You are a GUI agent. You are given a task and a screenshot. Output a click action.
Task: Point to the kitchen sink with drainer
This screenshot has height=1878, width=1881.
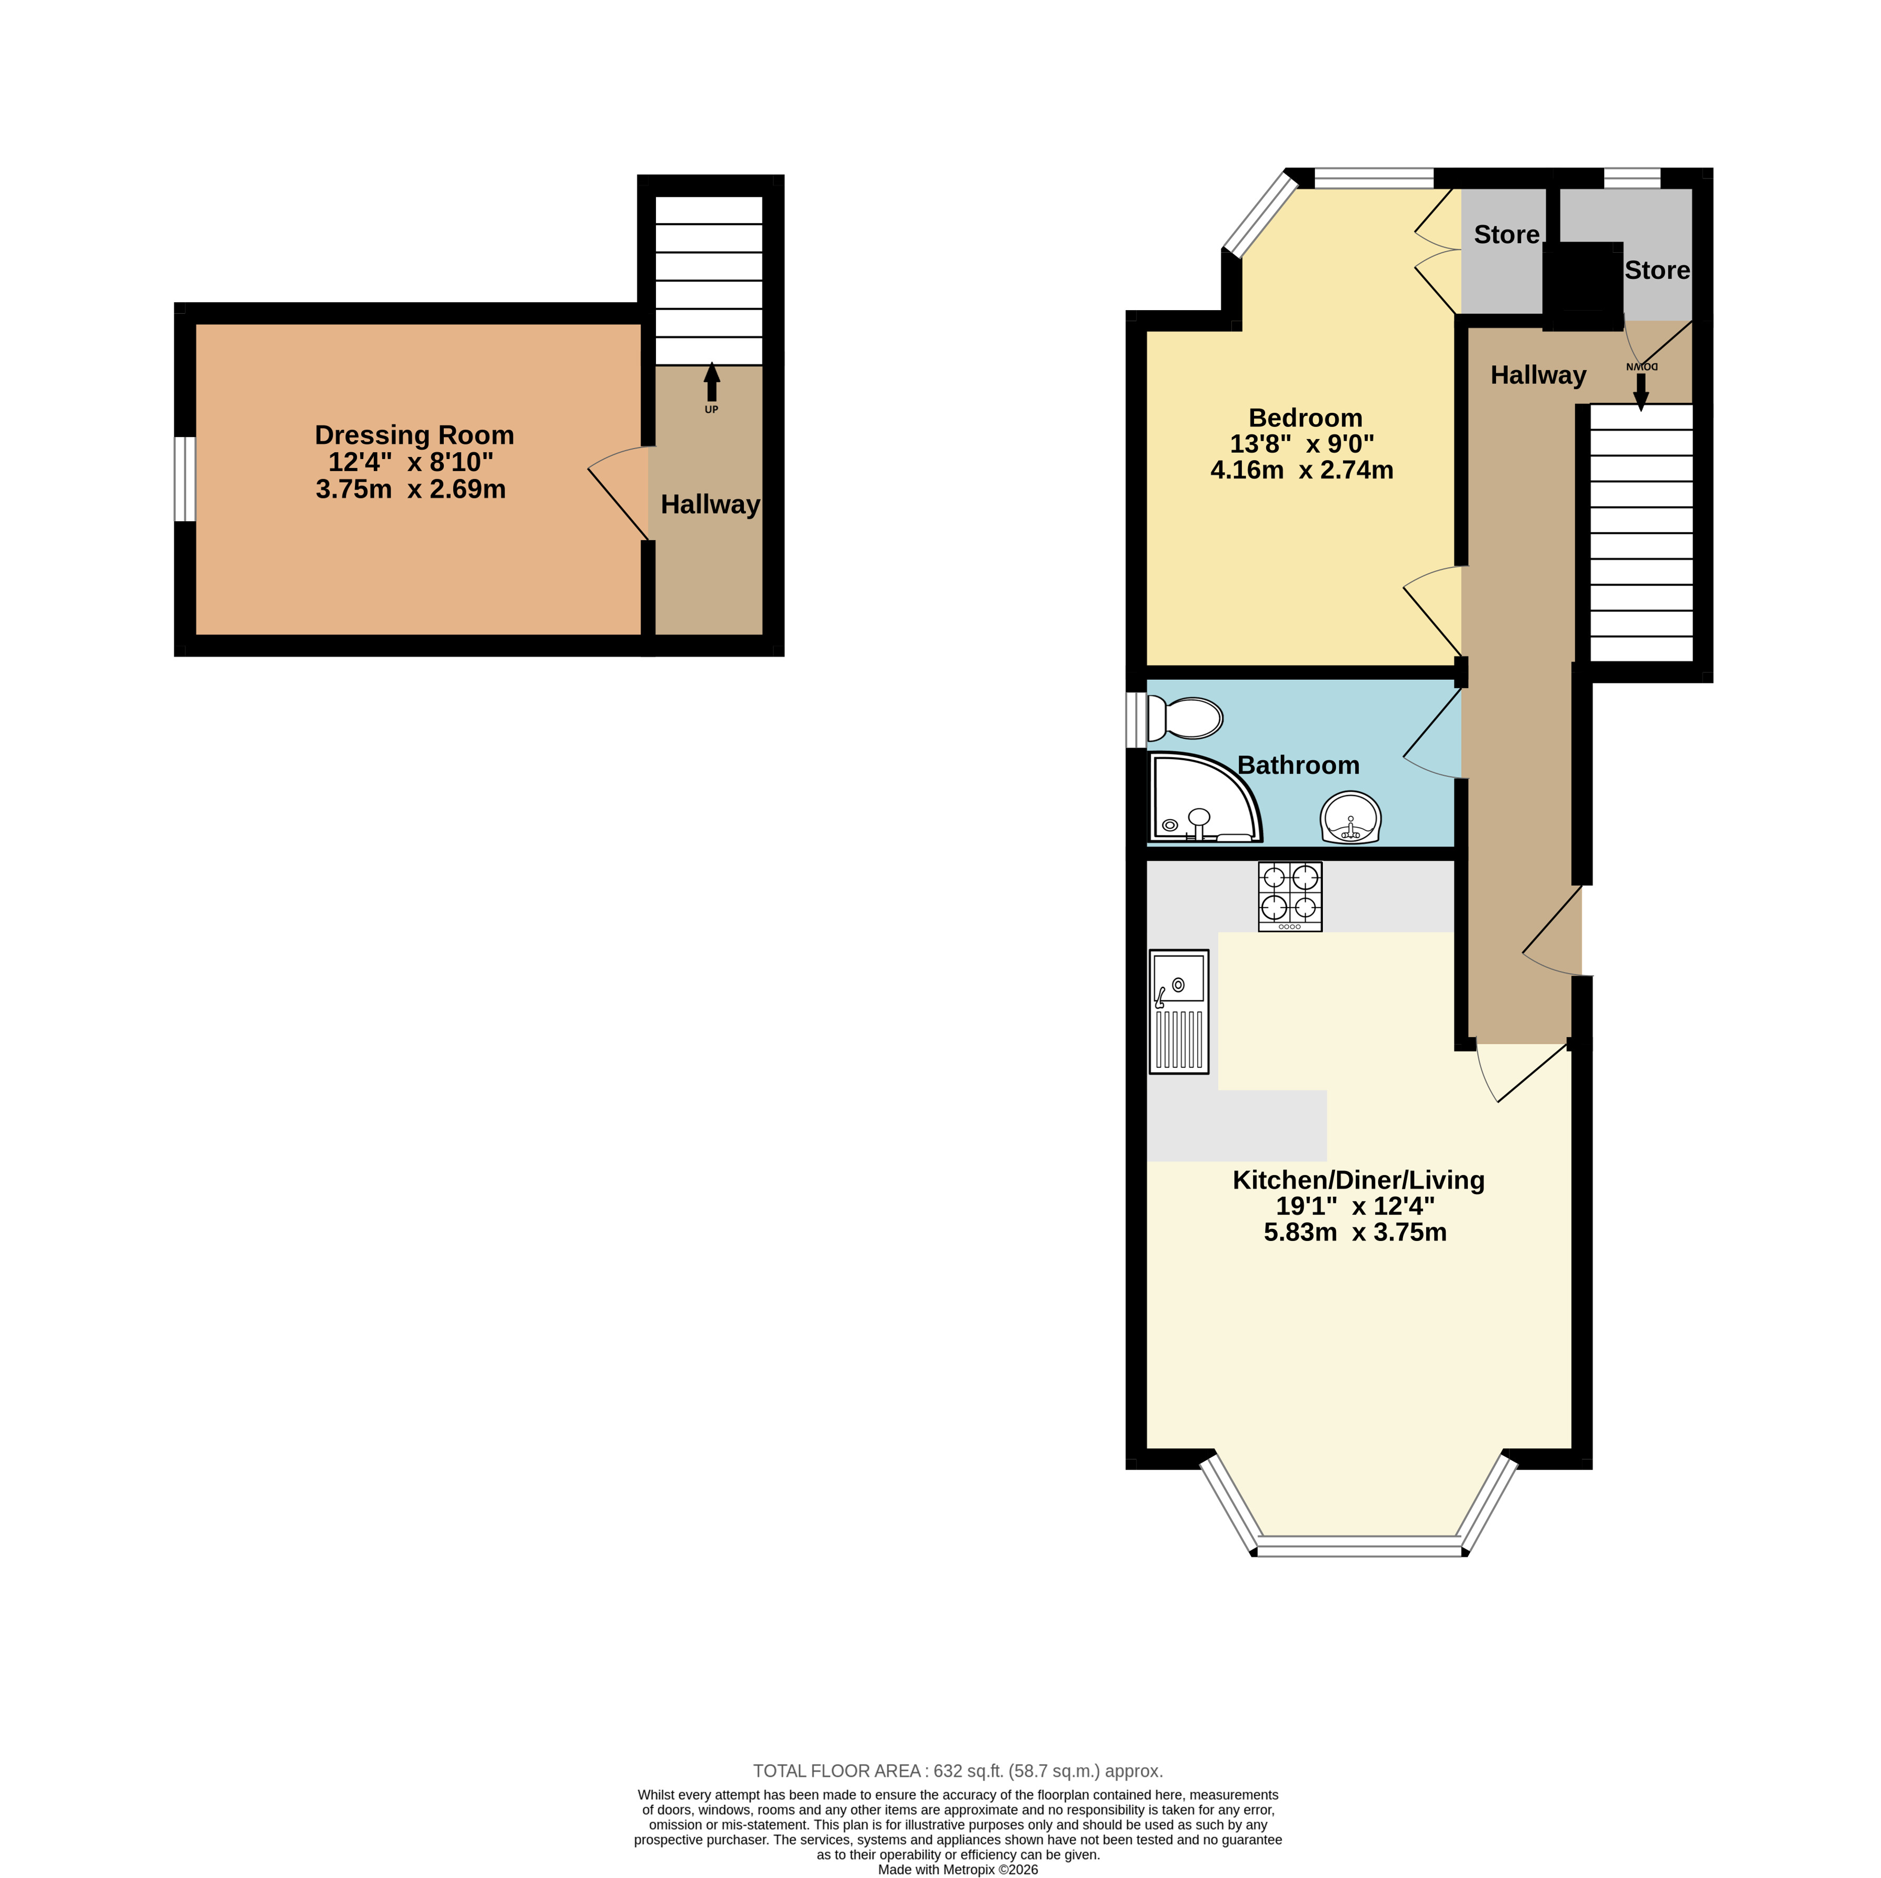point(1179,1011)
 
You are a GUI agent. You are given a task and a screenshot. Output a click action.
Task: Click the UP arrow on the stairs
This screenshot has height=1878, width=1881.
point(712,383)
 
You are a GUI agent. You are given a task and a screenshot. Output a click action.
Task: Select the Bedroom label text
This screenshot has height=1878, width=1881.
point(1306,418)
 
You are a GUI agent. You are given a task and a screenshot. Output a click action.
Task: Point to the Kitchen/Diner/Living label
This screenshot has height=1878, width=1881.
point(1358,1180)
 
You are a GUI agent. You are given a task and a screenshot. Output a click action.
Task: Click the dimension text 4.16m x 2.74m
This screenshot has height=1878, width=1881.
point(1302,470)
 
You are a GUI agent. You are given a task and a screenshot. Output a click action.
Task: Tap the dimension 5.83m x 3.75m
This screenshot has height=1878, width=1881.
point(1355,1233)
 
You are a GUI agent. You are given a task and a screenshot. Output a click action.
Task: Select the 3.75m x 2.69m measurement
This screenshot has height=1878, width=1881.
point(411,489)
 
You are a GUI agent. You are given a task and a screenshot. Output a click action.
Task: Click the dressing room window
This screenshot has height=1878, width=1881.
point(185,479)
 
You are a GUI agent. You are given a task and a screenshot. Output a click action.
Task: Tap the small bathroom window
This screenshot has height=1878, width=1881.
point(1136,720)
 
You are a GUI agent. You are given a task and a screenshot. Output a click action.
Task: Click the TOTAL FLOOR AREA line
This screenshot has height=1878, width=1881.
point(958,1771)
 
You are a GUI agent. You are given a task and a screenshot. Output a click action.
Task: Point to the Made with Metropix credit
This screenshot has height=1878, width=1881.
point(958,1869)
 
